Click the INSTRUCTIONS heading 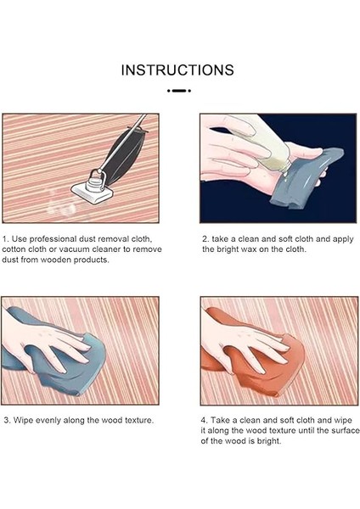pos(177,70)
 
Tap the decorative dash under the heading pos(179,91)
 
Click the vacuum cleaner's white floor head pos(93,193)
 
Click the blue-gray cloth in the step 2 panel pos(307,178)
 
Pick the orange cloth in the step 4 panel pos(256,361)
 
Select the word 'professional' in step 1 pos(53,239)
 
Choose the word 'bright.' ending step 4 pos(269,441)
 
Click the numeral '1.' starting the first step pos(6,239)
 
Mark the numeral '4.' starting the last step pos(205,421)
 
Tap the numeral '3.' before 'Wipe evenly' pos(7,421)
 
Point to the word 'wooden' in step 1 pos(57,260)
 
